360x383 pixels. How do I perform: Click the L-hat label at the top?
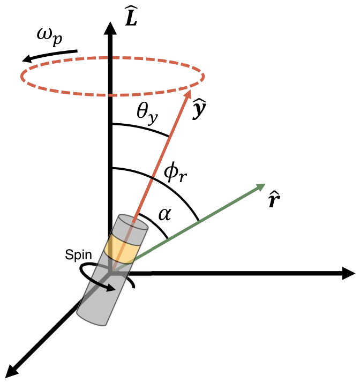click(131, 17)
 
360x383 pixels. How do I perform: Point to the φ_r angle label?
click(175, 172)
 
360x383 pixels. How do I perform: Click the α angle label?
click(165, 214)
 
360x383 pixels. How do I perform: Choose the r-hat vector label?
click(274, 200)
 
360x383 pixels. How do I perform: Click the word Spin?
click(78, 256)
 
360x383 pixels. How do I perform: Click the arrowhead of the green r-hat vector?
click(260, 186)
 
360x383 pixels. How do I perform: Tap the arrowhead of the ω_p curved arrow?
click(26, 58)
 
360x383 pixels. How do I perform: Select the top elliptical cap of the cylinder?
click(133, 222)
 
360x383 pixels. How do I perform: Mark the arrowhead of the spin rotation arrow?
click(111, 289)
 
